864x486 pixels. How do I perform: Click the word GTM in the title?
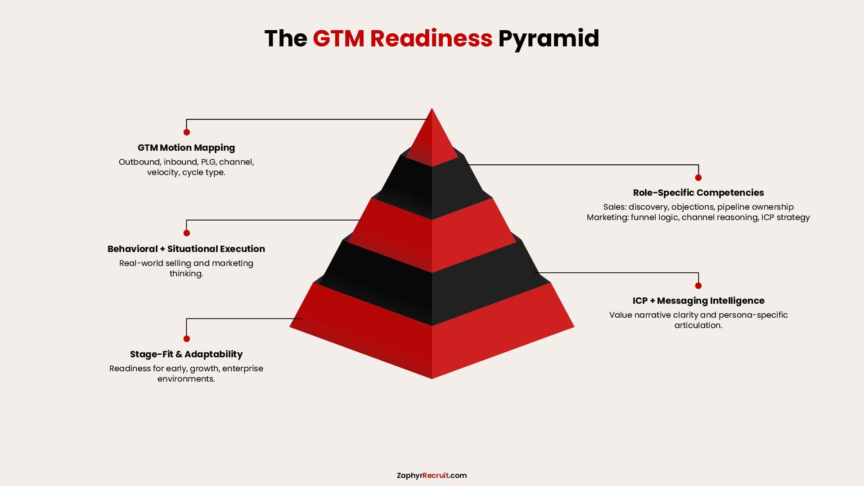coord(338,38)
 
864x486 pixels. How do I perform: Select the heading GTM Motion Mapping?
coord(186,148)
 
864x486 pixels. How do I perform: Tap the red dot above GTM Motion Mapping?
coord(186,132)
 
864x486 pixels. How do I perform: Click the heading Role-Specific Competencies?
coord(698,193)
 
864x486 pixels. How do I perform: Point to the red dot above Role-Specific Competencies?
coord(698,178)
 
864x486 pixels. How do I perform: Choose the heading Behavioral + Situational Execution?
coord(186,249)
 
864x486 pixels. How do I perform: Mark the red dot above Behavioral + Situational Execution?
coord(186,233)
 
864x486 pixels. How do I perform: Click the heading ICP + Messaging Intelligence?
coord(698,301)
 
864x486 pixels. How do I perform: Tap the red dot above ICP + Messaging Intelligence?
coord(698,286)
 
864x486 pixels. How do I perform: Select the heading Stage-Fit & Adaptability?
coord(186,354)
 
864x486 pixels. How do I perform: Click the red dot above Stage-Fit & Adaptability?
coord(186,339)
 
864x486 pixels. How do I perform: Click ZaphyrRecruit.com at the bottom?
coord(432,476)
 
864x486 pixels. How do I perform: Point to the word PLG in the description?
coord(208,162)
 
